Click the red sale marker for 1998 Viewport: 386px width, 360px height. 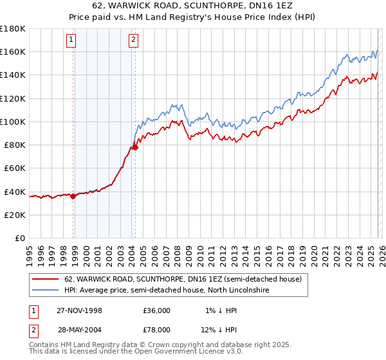coord(73,197)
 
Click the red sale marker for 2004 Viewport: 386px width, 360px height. coord(136,148)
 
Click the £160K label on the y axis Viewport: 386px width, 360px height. coord(13,51)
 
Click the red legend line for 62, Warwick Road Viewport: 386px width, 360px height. coord(44,280)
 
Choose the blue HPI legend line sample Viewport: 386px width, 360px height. coord(44,291)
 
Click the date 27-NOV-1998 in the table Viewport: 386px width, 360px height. coord(79,310)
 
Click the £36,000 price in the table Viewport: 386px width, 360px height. coord(156,310)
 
